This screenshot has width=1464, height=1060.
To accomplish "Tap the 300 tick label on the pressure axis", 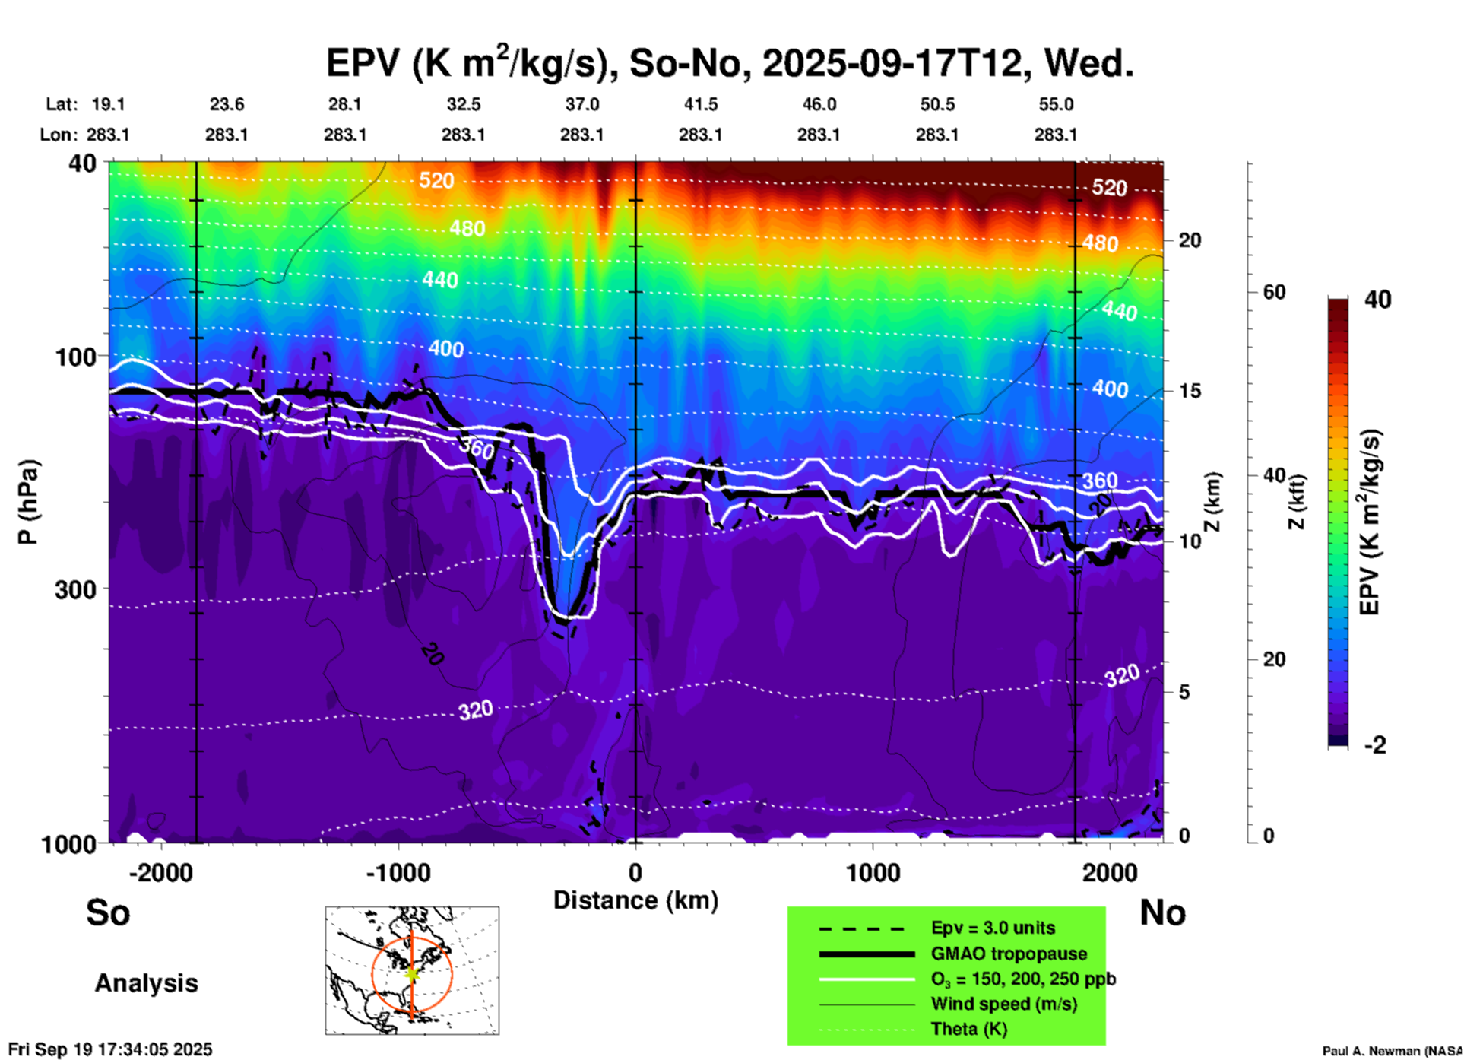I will coord(75,589).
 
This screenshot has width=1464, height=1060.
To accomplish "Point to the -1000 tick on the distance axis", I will coord(398,872).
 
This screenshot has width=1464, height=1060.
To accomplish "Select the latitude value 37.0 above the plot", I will coord(581,104).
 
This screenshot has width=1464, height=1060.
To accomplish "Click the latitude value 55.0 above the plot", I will coord(1056,104).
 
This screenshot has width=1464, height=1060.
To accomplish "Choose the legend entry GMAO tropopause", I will coord(1009,954).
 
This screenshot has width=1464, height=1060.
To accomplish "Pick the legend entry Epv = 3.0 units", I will coord(993,928).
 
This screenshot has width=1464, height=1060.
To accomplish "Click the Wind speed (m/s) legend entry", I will coord(1003,1004).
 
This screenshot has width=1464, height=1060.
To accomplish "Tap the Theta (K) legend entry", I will coord(968,1029).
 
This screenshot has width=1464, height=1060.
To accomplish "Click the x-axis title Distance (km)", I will coord(635,900).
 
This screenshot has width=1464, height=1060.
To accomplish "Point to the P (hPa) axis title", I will coord(28,502).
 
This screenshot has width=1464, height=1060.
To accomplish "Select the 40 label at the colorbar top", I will coord(1377,300).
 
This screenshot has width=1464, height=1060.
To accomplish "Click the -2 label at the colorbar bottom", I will coord(1375,745).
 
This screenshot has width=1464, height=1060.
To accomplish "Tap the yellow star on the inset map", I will coord(412,973).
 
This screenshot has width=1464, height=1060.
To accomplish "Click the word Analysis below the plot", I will coord(146,983).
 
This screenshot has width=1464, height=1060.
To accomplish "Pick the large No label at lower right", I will coord(1162,912).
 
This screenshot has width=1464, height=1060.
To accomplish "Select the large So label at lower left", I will coord(108,912).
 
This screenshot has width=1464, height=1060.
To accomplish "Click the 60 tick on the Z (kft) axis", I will coord(1274,292).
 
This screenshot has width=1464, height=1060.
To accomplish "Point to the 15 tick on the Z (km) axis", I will coord(1190,391).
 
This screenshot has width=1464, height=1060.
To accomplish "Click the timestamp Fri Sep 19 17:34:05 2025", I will coord(110,1049).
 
